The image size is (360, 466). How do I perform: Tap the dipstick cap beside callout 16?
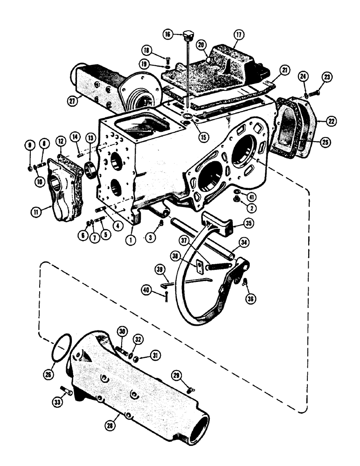pyautogui.click(x=188, y=35)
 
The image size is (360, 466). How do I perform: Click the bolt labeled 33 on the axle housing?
pyautogui.click(x=67, y=392)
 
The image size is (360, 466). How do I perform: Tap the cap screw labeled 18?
pyautogui.click(x=167, y=59)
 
